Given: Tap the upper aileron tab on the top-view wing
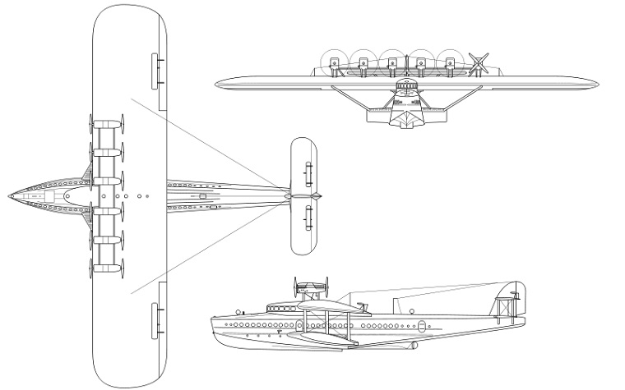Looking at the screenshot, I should [157, 70].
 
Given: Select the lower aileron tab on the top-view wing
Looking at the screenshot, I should [157, 321].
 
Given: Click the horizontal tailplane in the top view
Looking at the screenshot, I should [303, 196].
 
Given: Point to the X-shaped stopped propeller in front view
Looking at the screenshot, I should [478, 62].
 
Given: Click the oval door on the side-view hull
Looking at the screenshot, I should [422, 326].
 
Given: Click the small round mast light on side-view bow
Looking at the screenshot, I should [240, 312].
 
